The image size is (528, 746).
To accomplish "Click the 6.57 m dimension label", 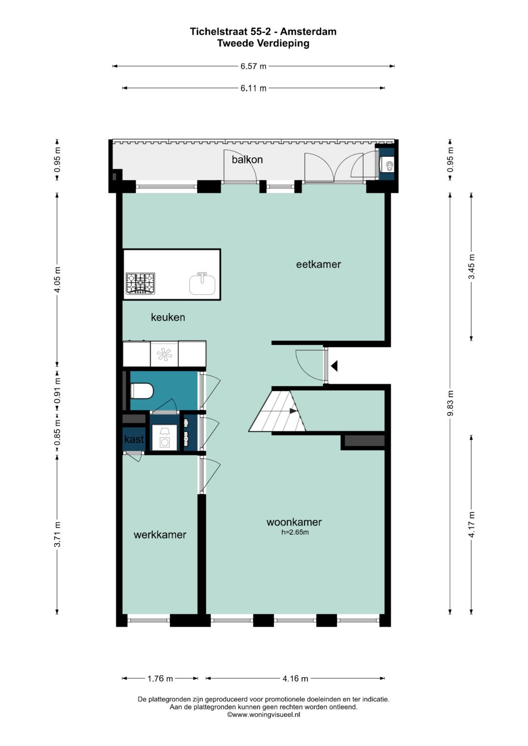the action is [253, 66].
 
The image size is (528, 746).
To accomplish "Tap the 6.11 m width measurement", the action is [253, 88].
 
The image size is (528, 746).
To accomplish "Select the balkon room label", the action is [247, 160].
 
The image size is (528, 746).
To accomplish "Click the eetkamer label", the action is [318, 264].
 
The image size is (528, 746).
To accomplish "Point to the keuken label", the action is [168, 317].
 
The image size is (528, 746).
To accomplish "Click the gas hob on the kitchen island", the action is [140, 284].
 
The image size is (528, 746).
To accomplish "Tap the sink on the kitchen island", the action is [202, 284].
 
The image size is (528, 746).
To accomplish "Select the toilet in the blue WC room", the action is [142, 391].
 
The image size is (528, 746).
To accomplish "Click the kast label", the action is [134, 439].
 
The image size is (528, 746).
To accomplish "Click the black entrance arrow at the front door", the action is [334, 366].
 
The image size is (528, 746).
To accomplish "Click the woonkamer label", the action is [294, 522].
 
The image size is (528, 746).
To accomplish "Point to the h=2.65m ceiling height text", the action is [295, 532].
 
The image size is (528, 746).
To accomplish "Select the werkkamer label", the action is [160, 534].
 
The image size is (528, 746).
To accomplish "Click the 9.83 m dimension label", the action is [451, 403].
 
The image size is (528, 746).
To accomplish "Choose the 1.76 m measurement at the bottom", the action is [160, 679].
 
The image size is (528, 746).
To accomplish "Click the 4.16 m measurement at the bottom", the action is [295, 679].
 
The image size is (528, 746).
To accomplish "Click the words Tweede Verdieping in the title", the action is [264, 43].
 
